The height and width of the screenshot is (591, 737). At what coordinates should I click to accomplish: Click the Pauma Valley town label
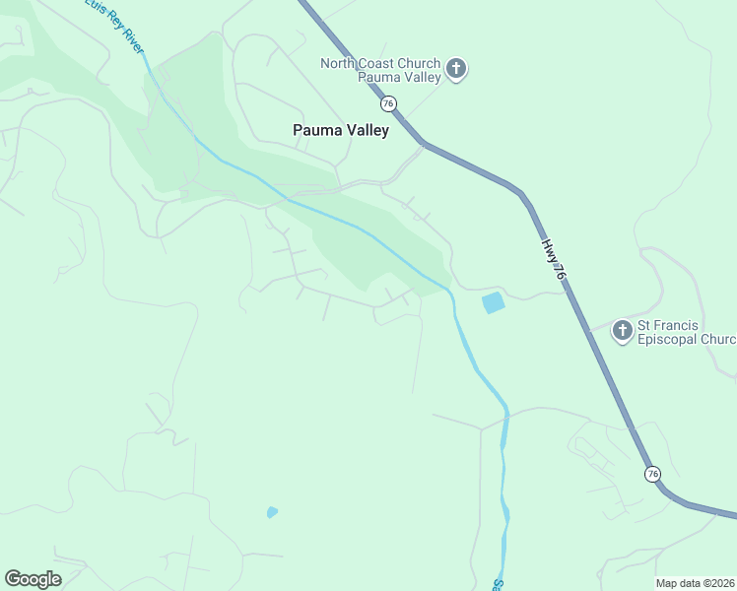[x=341, y=130]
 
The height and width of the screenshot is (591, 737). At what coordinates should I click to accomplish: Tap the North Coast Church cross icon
[x=455, y=69]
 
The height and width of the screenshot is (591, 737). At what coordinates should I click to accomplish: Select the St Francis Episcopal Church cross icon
[x=622, y=331]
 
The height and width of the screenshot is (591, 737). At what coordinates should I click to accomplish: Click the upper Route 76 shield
[x=388, y=103]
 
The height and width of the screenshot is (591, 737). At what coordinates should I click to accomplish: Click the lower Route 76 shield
[x=652, y=474]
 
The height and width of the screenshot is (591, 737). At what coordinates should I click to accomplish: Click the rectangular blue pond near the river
[x=494, y=302]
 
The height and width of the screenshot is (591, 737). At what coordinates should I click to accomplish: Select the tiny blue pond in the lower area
[x=272, y=512]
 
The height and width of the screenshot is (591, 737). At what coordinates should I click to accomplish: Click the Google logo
[x=33, y=579]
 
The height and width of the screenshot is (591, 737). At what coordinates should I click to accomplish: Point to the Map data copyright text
[x=696, y=583]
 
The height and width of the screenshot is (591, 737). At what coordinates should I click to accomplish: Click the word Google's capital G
[x=12, y=579]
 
